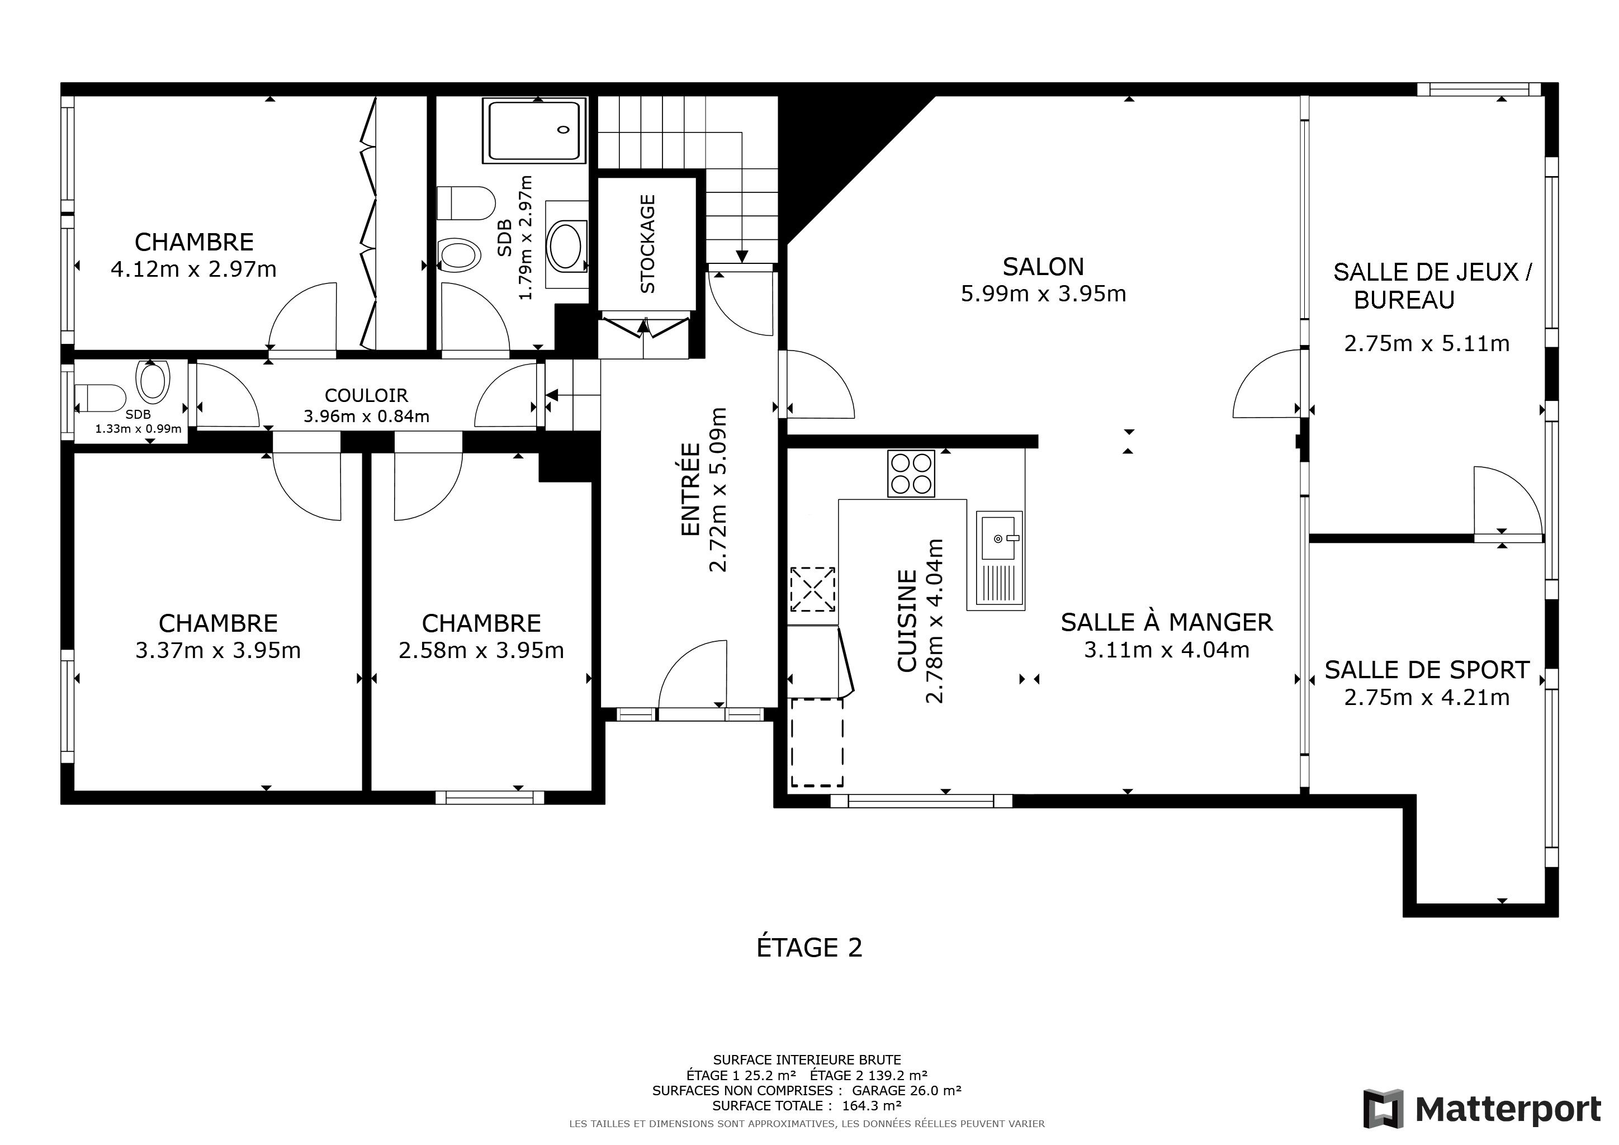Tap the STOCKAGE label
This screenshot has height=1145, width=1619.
point(647,244)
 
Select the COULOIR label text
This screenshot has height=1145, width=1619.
point(366,395)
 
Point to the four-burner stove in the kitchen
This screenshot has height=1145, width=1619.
point(911,474)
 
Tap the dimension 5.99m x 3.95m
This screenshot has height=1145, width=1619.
point(1044,294)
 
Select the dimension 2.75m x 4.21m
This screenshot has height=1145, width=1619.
point(1427,697)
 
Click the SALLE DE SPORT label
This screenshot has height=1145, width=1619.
point(1427,670)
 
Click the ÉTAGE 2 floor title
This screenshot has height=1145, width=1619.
point(809,947)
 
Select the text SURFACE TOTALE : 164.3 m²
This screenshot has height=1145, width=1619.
point(807,1105)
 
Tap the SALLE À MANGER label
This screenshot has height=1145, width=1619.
point(1167,622)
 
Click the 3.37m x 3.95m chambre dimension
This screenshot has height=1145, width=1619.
point(218,650)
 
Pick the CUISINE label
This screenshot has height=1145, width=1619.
point(907,621)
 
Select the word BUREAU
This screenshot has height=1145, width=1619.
point(1404,300)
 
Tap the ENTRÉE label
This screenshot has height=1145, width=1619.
point(690,489)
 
